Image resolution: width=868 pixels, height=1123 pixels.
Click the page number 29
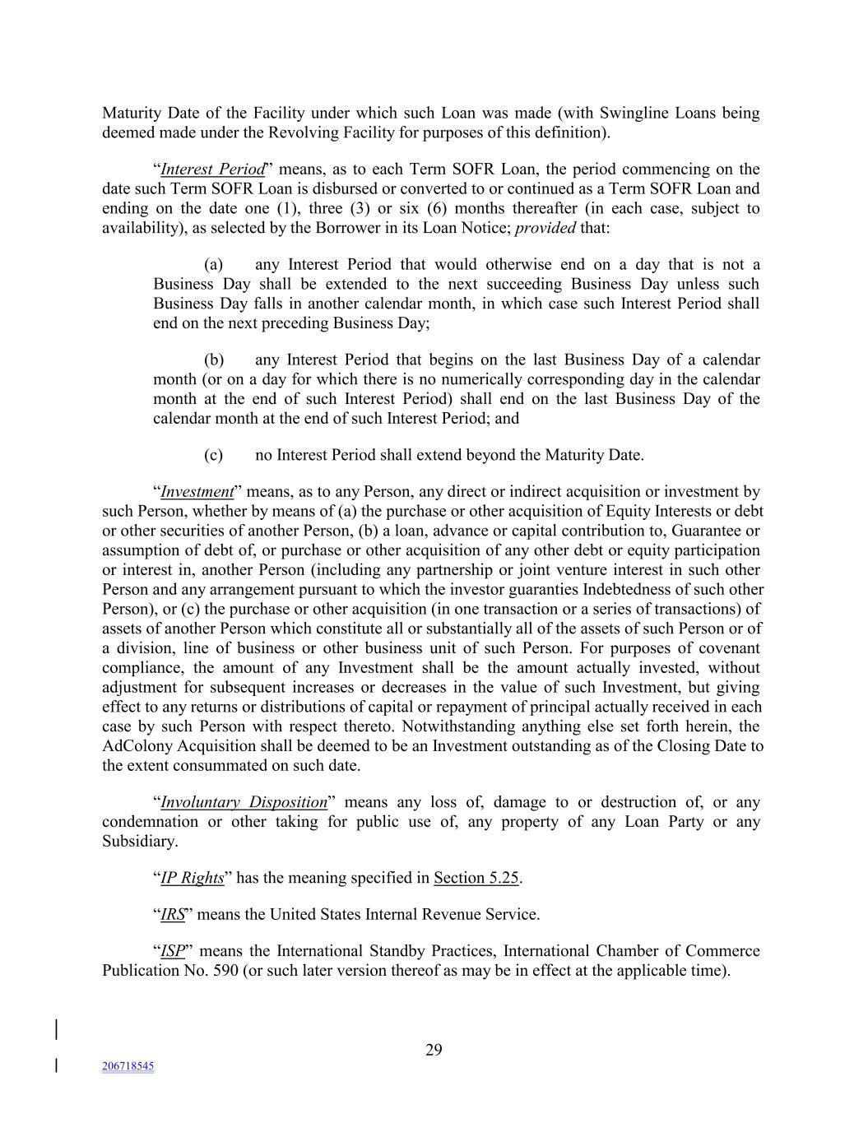pyautogui.click(x=434, y=1050)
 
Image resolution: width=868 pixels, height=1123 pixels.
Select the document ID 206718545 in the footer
pyautogui.click(x=128, y=1066)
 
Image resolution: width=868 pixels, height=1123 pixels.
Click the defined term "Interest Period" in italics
pyautogui.click(x=212, y=169)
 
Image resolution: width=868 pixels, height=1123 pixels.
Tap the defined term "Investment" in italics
pyautogui.click(x=197, y=492)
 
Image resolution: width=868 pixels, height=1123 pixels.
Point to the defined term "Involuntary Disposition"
pyautogui.click(x=244, y=802)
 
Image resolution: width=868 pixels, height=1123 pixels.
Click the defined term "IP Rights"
pyautogui.click(x=192, y=878)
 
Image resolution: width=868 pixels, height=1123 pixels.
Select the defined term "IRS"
pyautogui.click(x=173, y=914)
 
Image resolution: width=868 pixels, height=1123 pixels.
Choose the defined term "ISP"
pyautogui.click(x=173, y=951)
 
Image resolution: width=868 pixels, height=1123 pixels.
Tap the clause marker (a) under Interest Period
pyautogui.click(x=214, y=265)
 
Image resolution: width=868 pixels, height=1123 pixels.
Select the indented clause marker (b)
pyautogui.click(x=214, y=360)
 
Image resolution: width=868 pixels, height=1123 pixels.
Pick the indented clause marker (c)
pyautogui.click(x=214, y=455)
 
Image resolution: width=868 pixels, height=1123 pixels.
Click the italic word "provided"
pyautogui.click(x=545, y=228)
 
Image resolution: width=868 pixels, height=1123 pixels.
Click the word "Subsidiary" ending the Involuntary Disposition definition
pyautogui.click(x=137, y=842)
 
